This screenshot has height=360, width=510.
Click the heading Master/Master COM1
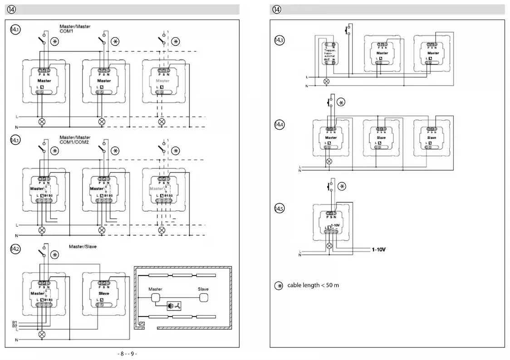pyautogui.click(x=75, y=29)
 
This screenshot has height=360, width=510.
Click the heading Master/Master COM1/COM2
pyautogui.click(x=75, y=140)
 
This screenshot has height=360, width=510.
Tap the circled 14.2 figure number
pyautogui.click(x=15, y=250)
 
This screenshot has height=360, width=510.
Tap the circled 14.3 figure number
pyautogui.click(x=279, y=40)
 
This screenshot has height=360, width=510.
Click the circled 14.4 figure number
pyautogui.click(x=279, y=124)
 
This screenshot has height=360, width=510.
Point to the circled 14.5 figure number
pyautogui.click(x=279, y=209)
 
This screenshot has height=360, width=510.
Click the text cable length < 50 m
pyautogui.click(x=313, y=285)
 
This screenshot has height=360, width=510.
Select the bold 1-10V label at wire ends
pyautogui.click(x=378, y=249)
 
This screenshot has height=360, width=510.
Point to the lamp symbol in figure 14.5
pyautogui.click(x=330, y=246)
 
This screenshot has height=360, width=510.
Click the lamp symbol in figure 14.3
pyautogui.click(x=326, y=82)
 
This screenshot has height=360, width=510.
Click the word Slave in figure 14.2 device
pyautogui.click(x=103, y=293)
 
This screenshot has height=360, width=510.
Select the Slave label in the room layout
pyautogui.click(x=203, y=289)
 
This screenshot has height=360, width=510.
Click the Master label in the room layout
pyautogui.click(x=156, y=289)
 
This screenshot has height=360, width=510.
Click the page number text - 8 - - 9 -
pyautogui.click(x=127, y=354)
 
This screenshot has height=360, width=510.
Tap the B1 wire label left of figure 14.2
pyautogui.click(x=15, y=322)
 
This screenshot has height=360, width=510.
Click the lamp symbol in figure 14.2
pyautogui.click(x=42, y=334)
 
